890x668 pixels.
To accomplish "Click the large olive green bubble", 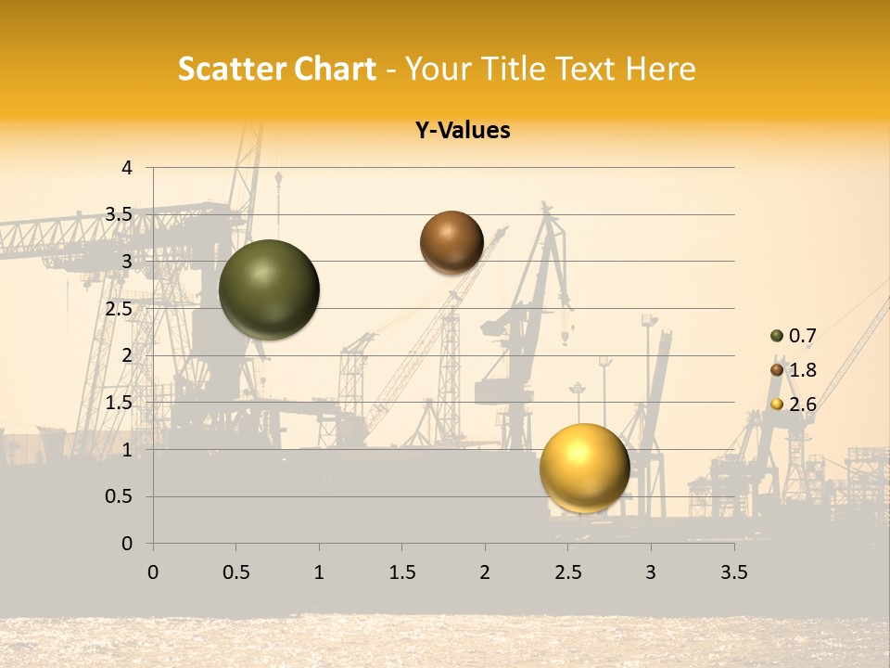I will coord(269,289).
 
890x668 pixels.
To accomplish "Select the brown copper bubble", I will coord(451,242).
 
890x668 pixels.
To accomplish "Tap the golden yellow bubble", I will coord(584,468).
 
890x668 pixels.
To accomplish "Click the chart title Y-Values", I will coord(463,131).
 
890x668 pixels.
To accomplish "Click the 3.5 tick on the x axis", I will coord(733,572).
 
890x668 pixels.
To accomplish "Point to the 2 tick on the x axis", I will coord(485,572).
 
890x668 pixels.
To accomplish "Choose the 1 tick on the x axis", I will coord(319,572).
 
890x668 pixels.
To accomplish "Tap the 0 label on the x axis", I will coord(153,572).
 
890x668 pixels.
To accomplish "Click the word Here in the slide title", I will coord(660,69).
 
